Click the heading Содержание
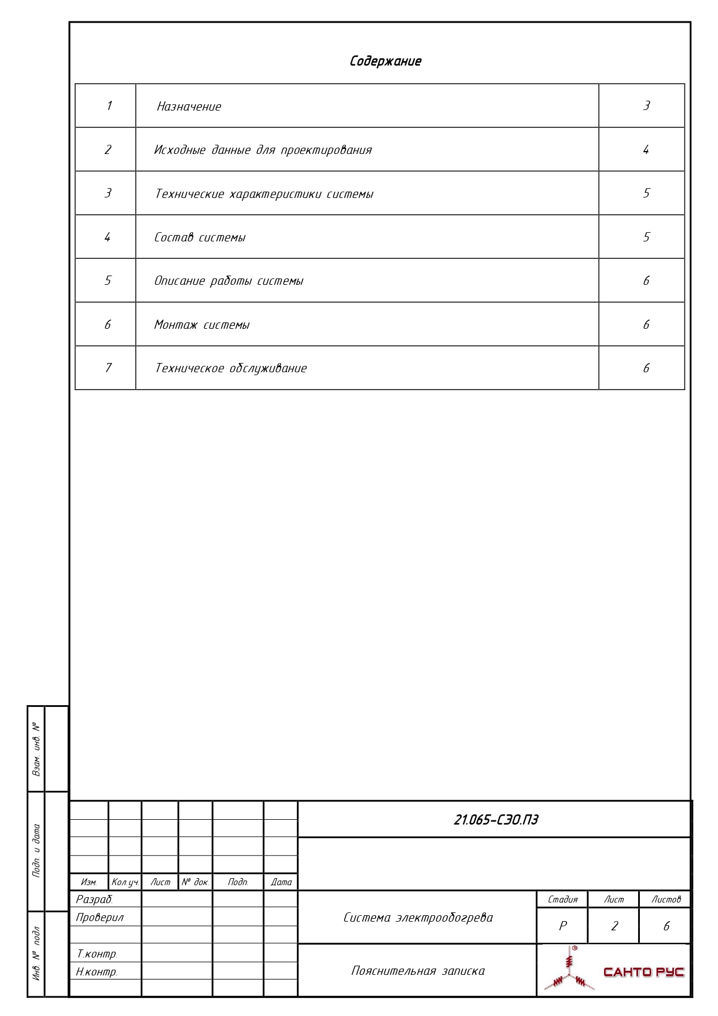coord(385,61)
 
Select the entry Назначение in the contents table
coord(189,107)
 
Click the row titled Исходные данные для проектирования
coord(263,150)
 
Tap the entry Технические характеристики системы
coord(264,194)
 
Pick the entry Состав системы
coord(200,237)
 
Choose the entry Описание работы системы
coord(229,281)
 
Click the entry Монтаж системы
coord(201,325)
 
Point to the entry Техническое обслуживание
coord(231,368)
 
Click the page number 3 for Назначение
coord(646,106)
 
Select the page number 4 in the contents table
coord(646,150)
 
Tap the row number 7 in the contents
coord(108,368)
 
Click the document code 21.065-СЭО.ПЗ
coord(496,820)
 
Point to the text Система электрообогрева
coord(418,918)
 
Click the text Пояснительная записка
coord(418,971)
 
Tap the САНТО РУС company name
coord(643,972)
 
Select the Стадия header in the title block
coord(562,900)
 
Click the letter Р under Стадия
coord(562,926)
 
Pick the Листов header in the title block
coord(666,900)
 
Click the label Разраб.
coord(94,900)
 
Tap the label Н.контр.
coord(97,972)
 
